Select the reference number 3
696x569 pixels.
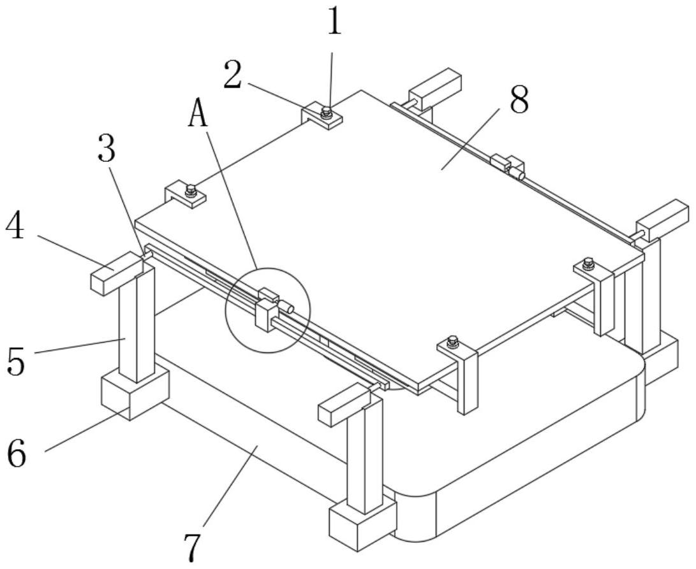click(x=107, y=150)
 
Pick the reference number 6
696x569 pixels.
click(x=17, y=453)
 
